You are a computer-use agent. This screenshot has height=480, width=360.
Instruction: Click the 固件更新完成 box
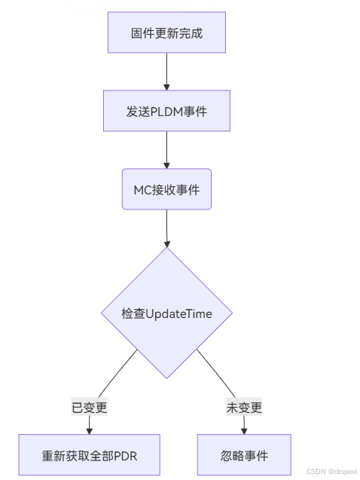pos(166,32)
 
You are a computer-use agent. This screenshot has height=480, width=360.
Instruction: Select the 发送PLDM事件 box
pos(166,111)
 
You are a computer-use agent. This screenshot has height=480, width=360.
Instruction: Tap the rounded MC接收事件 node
pos(166,189)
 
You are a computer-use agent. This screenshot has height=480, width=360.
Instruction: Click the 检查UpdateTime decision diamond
pos(166,313)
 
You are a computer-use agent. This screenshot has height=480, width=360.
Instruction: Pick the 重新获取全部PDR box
pos(90,455)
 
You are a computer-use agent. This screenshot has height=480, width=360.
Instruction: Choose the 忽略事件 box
pos(244,455)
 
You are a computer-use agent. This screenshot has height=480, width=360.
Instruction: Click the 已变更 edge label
pos(90,407)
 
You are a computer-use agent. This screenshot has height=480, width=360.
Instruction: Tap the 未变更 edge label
pos(244,407)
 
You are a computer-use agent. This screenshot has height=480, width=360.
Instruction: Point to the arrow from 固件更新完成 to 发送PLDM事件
pos(166,72)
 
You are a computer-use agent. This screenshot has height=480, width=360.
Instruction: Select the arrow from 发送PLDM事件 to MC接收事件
pos(166,150)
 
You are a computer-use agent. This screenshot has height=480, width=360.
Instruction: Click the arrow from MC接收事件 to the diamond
pos(166,228)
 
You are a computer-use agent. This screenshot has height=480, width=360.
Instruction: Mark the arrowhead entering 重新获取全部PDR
pos(90,431)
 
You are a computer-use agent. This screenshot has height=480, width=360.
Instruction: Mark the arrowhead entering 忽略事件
pos(244,431)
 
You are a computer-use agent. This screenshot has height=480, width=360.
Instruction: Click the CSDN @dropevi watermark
pos(331,472)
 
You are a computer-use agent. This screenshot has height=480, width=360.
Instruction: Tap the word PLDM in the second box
pos(166,112)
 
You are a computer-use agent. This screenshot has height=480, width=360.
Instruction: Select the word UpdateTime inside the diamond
pos(178,314)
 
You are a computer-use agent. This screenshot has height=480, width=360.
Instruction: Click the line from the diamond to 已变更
pos(117,374)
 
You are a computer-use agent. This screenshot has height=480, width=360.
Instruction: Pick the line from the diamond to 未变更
pos(216,374)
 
